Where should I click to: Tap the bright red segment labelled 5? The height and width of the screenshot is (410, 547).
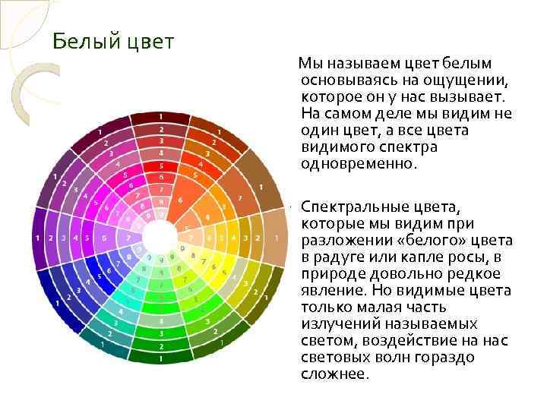tap(160, 166)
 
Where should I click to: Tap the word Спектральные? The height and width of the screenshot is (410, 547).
tap(356, 207)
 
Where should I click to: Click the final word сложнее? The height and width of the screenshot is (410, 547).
tap(335, 374)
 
